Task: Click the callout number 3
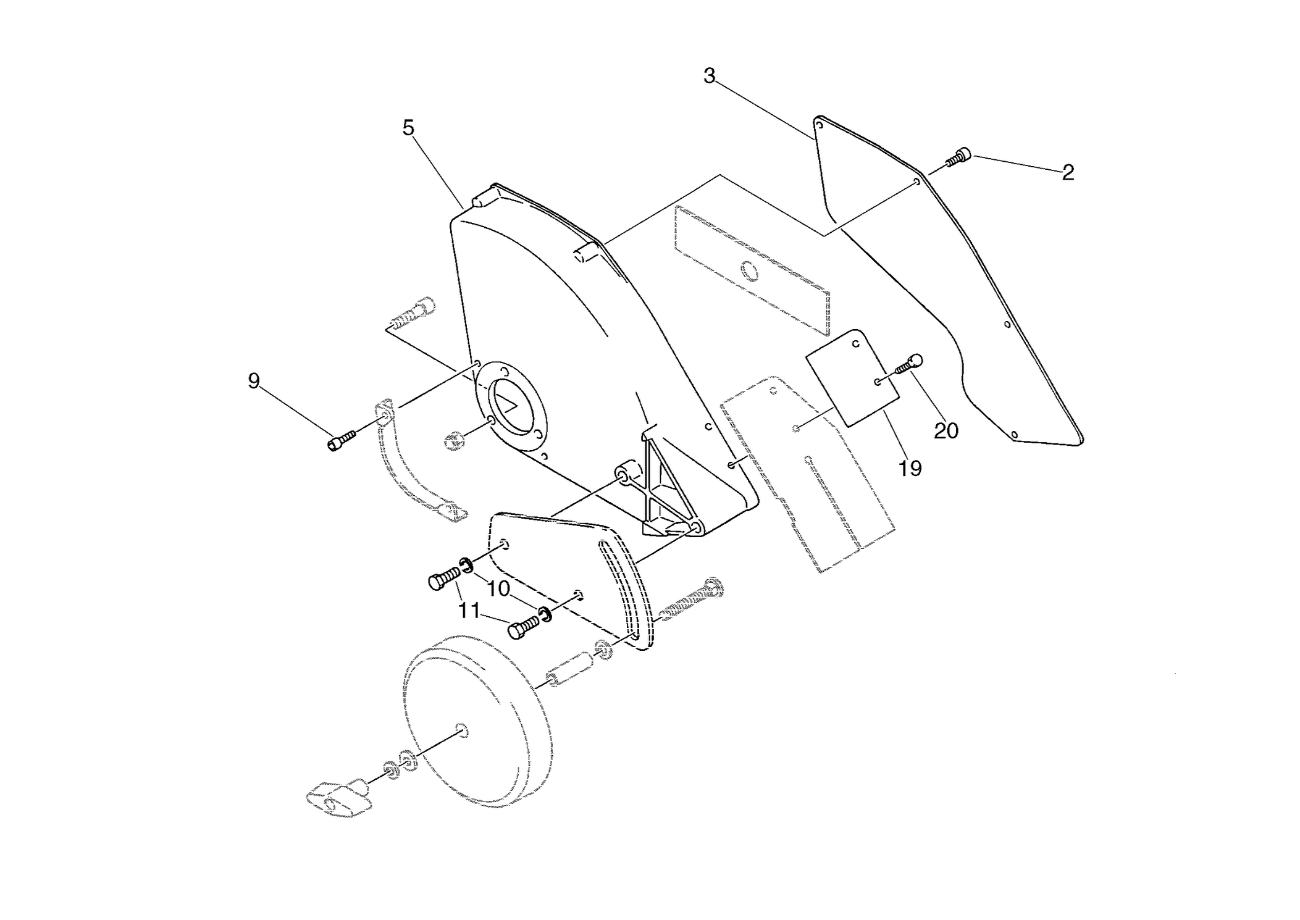[x=709, y=76]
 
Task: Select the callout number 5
[x=408, y=128]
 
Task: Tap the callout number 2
[x=1068, y=173]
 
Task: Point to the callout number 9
[x=253, y=381]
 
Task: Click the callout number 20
[x=946, y=431]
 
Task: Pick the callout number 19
[x=910, y=469]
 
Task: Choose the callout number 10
[x=498, y=589]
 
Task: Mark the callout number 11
[x=469, y=611]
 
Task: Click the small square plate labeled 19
[x=853, y=377]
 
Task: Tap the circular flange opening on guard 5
[x=513, y=404]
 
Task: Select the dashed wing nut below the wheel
[x=338, y=798]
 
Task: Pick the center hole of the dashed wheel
[x=460, y=729]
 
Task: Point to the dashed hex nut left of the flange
[x=455, y=441]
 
